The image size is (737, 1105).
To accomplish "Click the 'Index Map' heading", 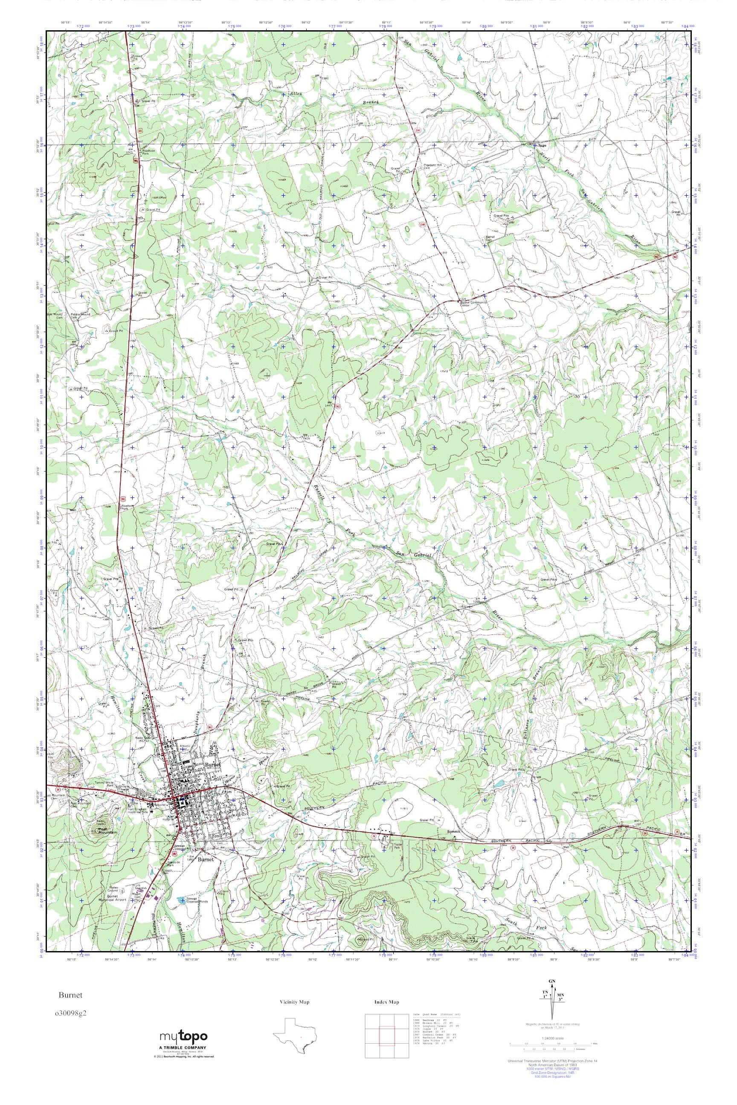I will pos(386,1002).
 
